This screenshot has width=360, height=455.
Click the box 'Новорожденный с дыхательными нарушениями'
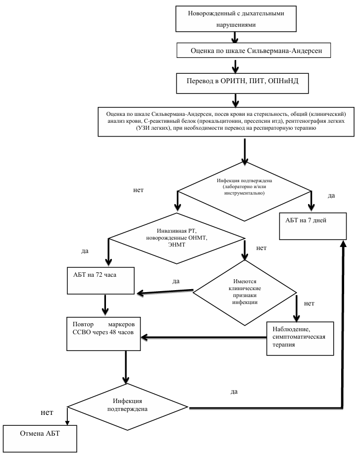[x=236, y=19]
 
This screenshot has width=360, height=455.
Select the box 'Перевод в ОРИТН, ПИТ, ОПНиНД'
[x=243, y=83]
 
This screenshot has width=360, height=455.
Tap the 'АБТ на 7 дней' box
[x=312, y=226]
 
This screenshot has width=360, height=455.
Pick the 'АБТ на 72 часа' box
[x=101, y=281]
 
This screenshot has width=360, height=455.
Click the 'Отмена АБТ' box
[x=40, y=439]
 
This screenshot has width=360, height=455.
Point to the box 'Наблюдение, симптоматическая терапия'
[x=300, y=338]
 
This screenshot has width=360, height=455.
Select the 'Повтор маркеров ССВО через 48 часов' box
[x=103, y=334]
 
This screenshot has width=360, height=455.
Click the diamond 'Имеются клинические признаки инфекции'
[x=245, y=292]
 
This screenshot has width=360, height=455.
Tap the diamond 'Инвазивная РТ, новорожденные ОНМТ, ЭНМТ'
[x=176, y=238]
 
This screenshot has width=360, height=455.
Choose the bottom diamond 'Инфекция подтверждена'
[x=127, y=407]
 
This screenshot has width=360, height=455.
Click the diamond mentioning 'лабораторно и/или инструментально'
[x=244, y=191]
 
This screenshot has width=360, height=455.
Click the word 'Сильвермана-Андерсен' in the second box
[x=285, y=51]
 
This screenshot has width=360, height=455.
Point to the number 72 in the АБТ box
[x=99, y=275]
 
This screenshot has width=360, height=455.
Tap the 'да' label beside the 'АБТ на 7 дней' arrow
[x=331, y=196]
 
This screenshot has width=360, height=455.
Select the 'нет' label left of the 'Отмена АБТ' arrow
[x=47, y=412]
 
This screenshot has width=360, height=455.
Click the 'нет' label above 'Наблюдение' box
[x=309, y=303]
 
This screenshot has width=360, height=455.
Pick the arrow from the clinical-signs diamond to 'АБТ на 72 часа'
[x=165, y=292]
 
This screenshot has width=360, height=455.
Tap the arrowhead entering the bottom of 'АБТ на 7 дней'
[x=344, y=244]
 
